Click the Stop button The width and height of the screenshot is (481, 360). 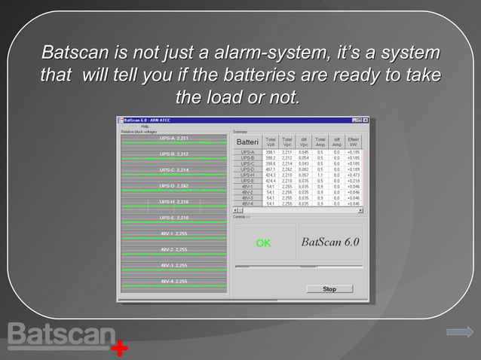(x=329, y=288)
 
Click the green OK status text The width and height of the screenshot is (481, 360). (x=263, y=243)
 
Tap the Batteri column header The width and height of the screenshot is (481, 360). (x=247, y=142)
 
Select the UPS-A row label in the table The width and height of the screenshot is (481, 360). (x=247, y=152)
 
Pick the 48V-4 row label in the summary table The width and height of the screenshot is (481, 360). (x=247, y=203)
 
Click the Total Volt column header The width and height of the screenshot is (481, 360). (x=270, y=142)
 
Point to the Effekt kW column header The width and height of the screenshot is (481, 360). (x=354, y=142)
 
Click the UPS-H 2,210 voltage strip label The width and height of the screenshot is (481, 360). (x=173, y=202)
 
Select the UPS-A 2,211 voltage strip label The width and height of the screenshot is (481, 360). (x=173, y=139)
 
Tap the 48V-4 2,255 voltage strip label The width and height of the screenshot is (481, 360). (x=173, y=281)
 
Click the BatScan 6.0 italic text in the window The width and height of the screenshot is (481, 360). (x=330, y=243)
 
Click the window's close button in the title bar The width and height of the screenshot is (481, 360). (x=366, y=121)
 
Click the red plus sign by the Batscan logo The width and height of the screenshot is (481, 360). (x=119, y=349)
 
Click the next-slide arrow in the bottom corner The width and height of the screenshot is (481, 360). (x=459, y=331)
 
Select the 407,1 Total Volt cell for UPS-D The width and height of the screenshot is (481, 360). (x=270, y=169)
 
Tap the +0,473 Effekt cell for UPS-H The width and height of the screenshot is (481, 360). (x=354, y=175)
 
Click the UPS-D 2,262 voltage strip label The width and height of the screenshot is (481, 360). (x=173, y=186)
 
